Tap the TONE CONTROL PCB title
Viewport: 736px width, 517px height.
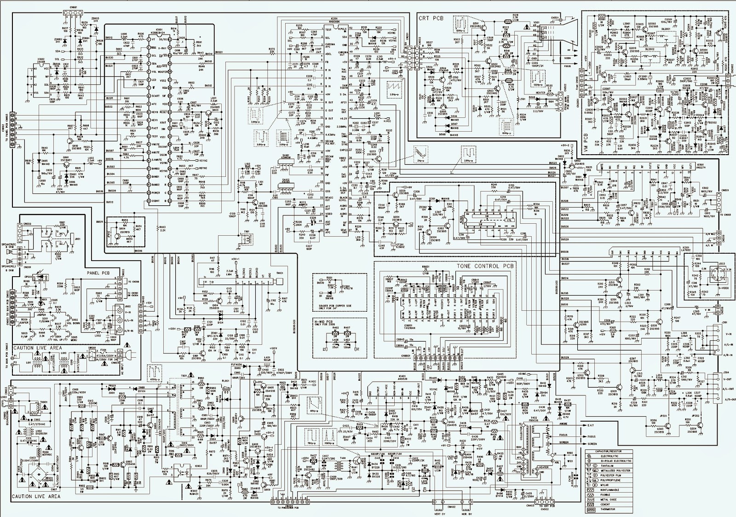[485, 266]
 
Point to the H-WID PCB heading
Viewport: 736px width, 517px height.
[324, 321]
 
